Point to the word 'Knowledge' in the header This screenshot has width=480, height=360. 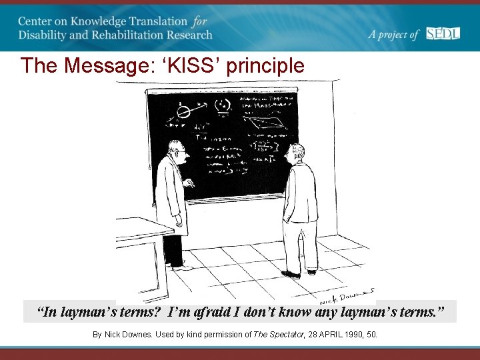point(102,21)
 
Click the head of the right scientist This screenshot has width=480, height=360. point(296,155)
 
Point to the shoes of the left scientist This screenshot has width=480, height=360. point(179,266)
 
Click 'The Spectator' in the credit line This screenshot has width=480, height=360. point(279,334)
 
